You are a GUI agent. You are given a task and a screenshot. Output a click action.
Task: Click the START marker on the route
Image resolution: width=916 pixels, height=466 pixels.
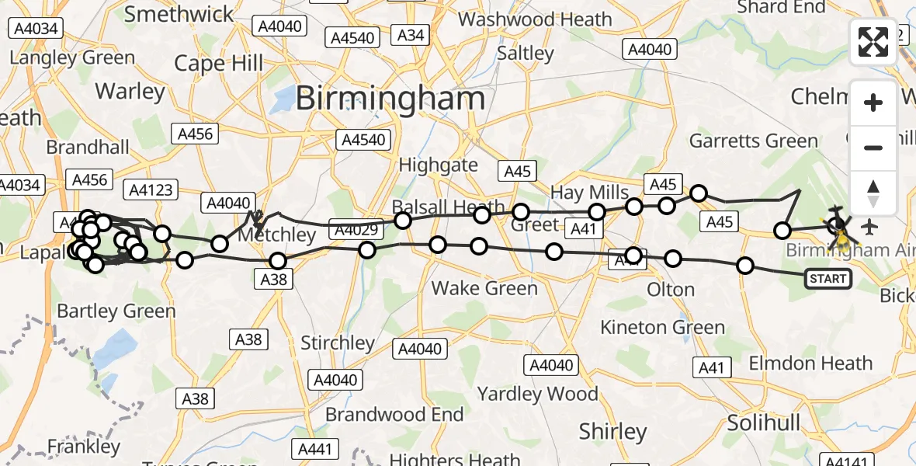(828, 279)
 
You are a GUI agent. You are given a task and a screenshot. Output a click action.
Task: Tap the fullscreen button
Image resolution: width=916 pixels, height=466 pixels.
(873, 41)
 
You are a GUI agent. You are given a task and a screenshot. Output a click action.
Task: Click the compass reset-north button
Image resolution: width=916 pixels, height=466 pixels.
(873, 193)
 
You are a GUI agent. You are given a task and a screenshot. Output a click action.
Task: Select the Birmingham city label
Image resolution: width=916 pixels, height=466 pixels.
(390, 99)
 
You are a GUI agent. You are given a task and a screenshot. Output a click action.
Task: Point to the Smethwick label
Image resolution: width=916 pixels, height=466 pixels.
(179, 14)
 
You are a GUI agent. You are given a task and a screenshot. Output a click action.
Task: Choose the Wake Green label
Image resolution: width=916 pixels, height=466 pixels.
(484, 289)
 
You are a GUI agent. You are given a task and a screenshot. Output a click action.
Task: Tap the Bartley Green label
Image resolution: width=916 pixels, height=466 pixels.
(116, 311)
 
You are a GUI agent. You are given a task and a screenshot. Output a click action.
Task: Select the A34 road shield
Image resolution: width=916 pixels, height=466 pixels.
(411, 34)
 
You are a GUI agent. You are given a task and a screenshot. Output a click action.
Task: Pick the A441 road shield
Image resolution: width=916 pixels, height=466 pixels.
(315, 449)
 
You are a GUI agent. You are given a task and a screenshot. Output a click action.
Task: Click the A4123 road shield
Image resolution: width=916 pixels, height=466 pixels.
(151, 190)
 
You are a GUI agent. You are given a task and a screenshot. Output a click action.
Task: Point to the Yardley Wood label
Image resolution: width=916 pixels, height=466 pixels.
(538, 394)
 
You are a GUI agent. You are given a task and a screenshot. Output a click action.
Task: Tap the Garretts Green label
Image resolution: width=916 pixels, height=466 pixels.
(754, 141)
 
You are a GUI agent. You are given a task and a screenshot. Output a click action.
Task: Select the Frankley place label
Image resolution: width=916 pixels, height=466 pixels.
(84, 447)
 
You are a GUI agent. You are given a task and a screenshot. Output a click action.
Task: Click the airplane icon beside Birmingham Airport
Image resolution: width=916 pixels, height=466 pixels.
(869, 228)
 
